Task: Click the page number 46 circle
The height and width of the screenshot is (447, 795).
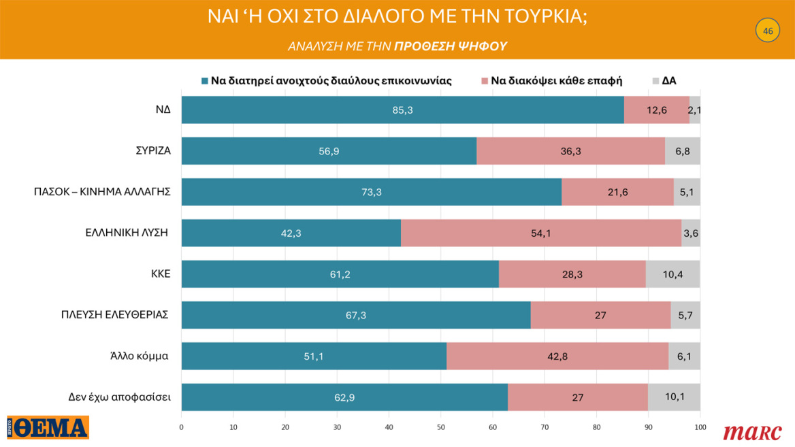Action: pos(768,31)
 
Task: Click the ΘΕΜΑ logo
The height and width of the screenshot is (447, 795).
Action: pos(48,428)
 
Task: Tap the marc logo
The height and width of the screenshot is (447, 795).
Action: pos(752,432)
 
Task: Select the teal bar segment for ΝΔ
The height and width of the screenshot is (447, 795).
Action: pos(402,110)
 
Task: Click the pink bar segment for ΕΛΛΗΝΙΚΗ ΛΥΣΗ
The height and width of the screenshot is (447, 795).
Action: pos(540,233)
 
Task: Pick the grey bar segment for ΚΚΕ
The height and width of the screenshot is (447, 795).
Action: pos(672,274)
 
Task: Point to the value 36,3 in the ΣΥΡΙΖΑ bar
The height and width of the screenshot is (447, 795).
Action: pos(570,151)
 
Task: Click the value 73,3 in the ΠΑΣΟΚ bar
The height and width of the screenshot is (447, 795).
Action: pos(371,193)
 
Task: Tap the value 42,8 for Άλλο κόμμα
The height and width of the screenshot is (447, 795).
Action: pos(557,357)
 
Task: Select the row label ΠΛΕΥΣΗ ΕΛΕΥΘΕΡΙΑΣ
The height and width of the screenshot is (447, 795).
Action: pos(114,314)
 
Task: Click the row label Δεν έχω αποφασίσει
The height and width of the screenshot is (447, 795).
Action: pos(119,397)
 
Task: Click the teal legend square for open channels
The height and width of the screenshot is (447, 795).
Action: pos(204,80)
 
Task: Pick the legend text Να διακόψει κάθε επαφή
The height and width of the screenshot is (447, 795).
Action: pos(557,80)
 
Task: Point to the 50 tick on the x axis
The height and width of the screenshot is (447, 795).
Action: pos(440,427)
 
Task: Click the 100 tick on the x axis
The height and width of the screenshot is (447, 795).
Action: pos(700,427)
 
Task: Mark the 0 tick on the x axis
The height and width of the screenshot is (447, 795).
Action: pos(181,427)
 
